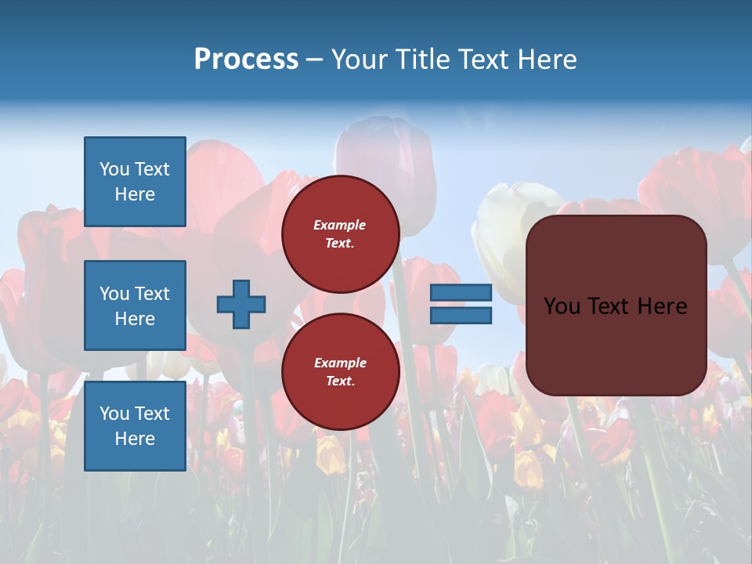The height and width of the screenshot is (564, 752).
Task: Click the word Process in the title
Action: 246,60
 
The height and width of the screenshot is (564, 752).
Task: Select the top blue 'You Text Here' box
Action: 135,182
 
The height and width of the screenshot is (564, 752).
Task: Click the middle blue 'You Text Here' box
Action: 135,305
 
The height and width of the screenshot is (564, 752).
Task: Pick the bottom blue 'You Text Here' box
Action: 135,426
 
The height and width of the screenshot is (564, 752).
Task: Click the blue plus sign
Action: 241,304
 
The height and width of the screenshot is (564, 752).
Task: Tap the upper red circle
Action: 341,258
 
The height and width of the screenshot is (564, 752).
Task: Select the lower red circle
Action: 341,396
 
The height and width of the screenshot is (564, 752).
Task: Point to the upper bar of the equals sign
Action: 461,292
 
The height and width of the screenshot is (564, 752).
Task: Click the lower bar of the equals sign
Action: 461,316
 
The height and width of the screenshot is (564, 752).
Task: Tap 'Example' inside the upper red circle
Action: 339,225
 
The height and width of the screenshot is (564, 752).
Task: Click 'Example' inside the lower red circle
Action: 340,363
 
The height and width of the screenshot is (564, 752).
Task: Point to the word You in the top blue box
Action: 114,169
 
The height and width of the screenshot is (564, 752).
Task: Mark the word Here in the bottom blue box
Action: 135,439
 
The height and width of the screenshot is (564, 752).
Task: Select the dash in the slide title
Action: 315,60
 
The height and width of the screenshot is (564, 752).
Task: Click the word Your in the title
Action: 359,60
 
